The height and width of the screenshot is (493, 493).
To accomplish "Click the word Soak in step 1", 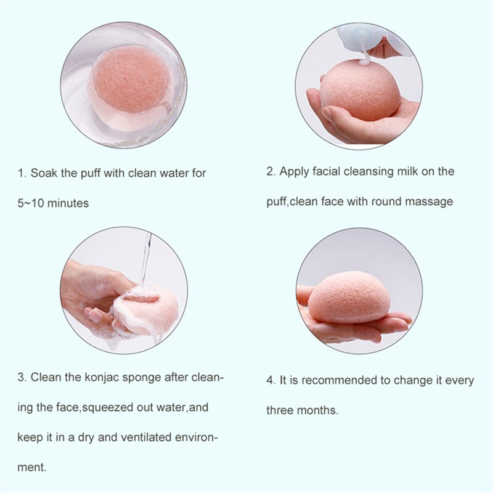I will [x=43, y=173].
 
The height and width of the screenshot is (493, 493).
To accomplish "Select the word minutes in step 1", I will [x=69, y=203].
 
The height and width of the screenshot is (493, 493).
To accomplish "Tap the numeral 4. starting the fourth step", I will [x=271, y=380].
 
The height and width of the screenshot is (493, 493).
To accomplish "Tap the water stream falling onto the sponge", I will [x=145, y=259].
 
